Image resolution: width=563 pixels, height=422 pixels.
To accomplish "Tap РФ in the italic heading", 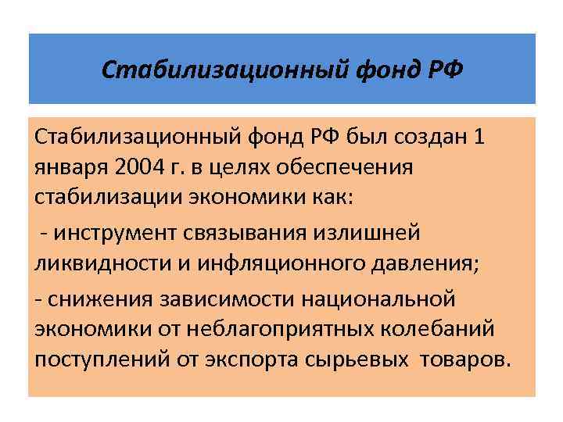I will (x=443, y=71).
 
